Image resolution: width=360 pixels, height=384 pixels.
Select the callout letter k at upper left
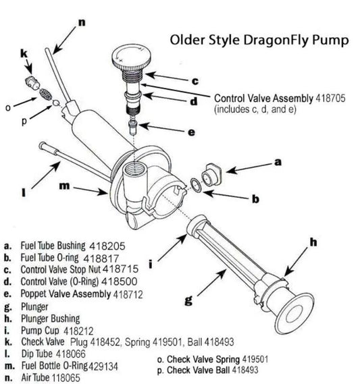(x=24, y=52)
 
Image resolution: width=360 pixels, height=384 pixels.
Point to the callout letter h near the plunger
(x=313, y=240)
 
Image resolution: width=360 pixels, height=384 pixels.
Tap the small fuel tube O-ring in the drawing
(x=196, y=182)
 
